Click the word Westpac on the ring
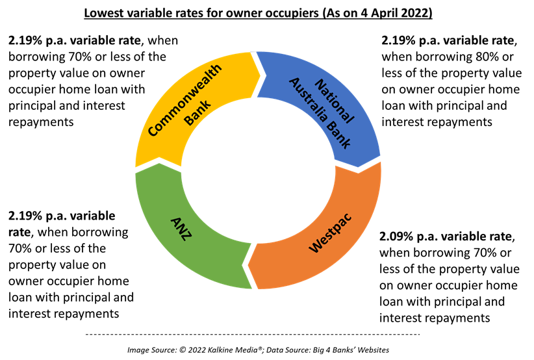tap(329, 233)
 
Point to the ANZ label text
tap(181, 229)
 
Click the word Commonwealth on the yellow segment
tap(184, 100)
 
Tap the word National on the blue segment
tap(334, 101)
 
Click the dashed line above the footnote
tap(253, 335)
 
